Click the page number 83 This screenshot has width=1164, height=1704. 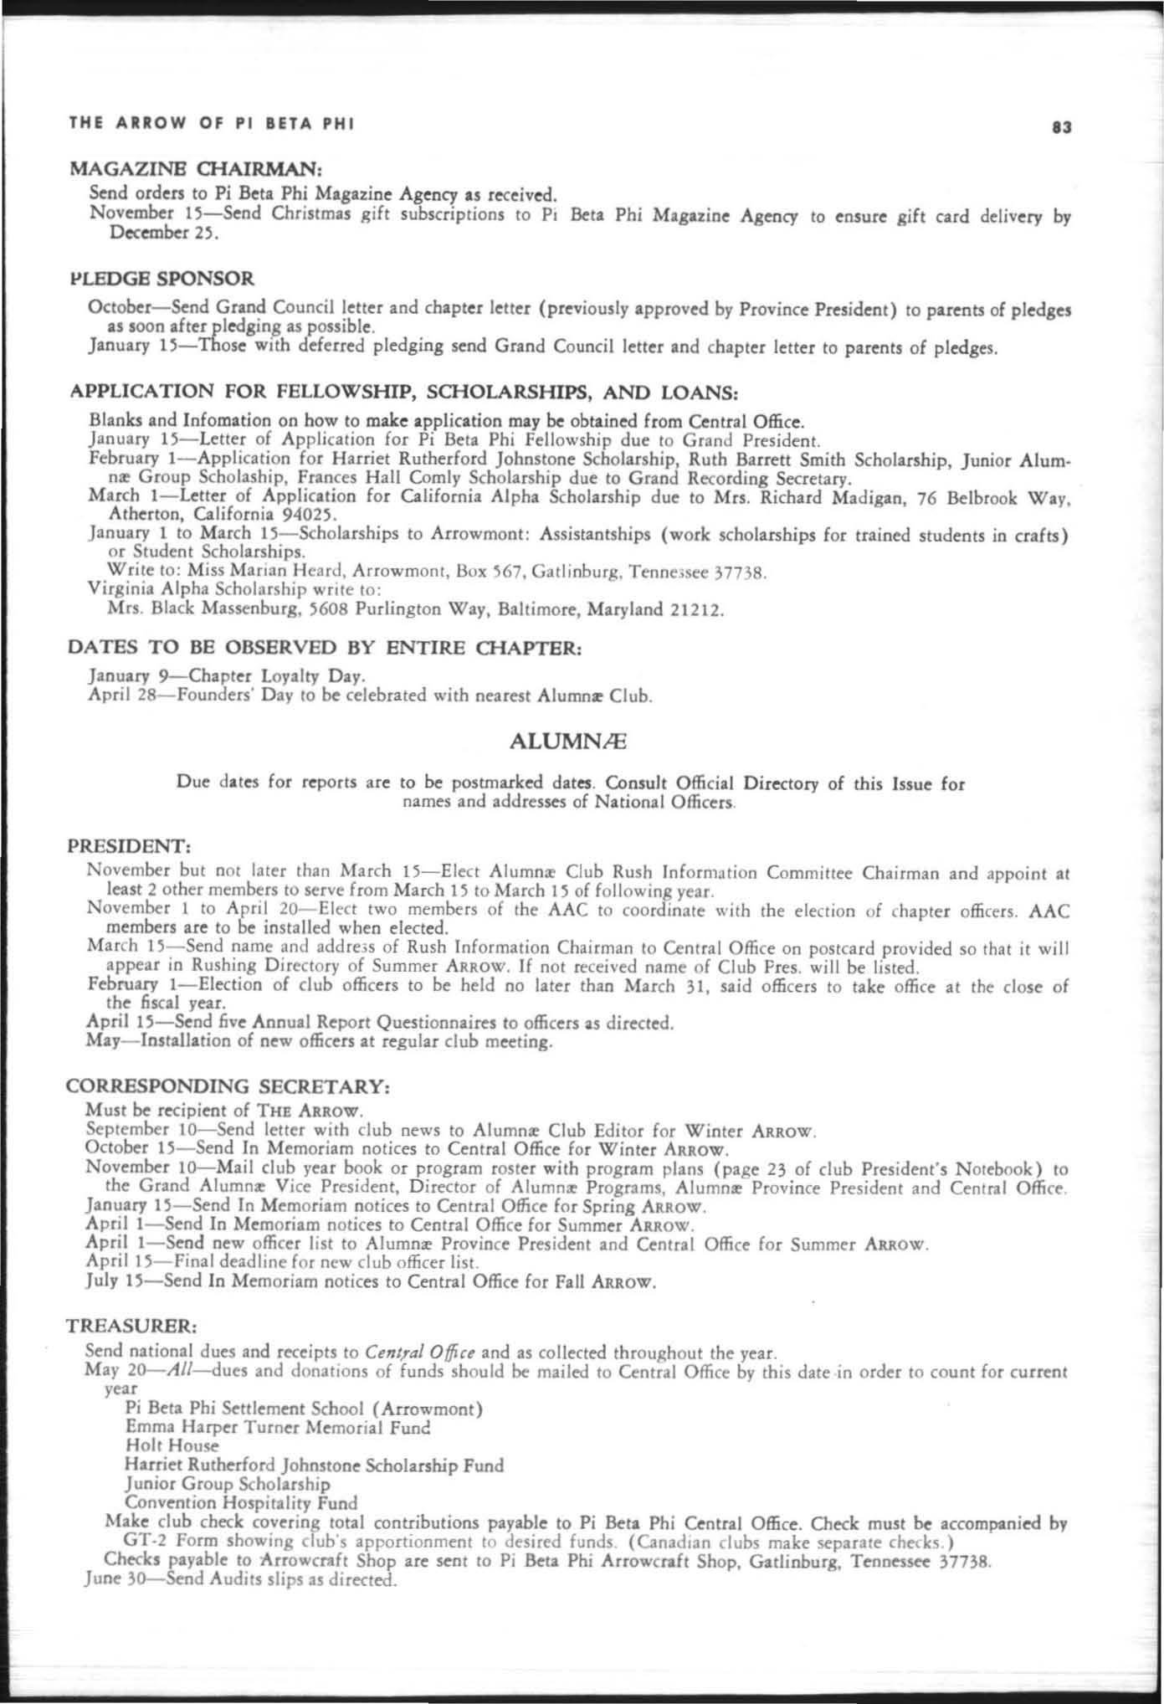[1062, 128]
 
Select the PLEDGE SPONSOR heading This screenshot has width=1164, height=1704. [162, 278]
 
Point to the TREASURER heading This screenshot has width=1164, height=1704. [131, 1327]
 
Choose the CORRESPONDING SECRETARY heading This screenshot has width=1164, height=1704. [227, 1086]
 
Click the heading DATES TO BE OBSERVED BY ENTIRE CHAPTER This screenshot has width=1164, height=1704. [324, 648]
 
